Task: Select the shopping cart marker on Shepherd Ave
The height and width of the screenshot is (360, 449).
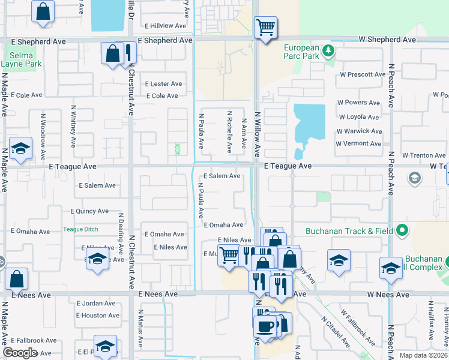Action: (x=265, y=27)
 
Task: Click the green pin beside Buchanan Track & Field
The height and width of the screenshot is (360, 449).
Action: (x=403, y=230)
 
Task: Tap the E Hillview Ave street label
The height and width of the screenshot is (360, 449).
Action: (x=166, y=26)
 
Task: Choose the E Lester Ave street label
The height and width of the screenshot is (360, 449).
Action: (x=163, y=84)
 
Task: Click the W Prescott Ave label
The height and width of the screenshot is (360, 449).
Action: (x=362, y=75)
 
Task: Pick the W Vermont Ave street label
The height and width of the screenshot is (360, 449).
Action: (x=358, y=144)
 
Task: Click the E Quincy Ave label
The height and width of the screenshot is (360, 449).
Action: (x=89, y=211)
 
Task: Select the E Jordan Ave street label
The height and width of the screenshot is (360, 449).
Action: (x=95, y=304)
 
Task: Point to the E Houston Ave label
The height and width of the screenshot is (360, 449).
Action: (x=95, y=316)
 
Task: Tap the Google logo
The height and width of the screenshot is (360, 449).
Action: (x=20, y=353)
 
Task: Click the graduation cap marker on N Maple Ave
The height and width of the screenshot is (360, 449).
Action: (x=20, y=149)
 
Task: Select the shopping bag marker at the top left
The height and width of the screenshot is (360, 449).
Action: (x=43, y=11)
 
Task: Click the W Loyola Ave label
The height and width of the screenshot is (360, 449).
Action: (x=359, y=118)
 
